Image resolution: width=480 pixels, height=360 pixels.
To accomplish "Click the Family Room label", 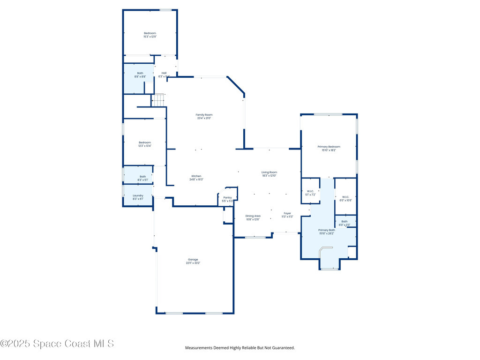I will pos(204,115).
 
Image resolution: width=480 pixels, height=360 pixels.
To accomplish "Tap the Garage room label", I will pos(193,260).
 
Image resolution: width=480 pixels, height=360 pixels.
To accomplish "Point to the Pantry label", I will pos(227,198).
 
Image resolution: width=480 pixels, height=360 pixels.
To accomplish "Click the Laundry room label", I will pos(138,195).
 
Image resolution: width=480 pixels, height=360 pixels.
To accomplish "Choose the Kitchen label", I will pos(195,176).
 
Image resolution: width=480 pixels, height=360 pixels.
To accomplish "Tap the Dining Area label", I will pos(253,216).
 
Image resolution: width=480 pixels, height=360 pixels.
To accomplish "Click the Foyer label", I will pos(287,213).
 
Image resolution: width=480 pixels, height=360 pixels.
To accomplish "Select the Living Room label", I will pos(269,172).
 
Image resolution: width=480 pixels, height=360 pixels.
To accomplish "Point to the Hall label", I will pos(164,73).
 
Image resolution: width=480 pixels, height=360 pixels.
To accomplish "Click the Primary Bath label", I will pos(326,230).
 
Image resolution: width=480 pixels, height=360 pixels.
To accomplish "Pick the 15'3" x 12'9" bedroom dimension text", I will pos(150,37).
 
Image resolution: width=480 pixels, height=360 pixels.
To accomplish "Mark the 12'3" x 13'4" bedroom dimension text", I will pos(144,146).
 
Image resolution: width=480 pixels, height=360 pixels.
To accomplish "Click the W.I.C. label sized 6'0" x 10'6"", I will pos(345,197).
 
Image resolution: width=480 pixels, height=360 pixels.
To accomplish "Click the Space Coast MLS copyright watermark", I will pos(57,344).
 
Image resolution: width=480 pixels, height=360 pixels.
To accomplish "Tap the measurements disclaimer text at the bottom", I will pos(240,348).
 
